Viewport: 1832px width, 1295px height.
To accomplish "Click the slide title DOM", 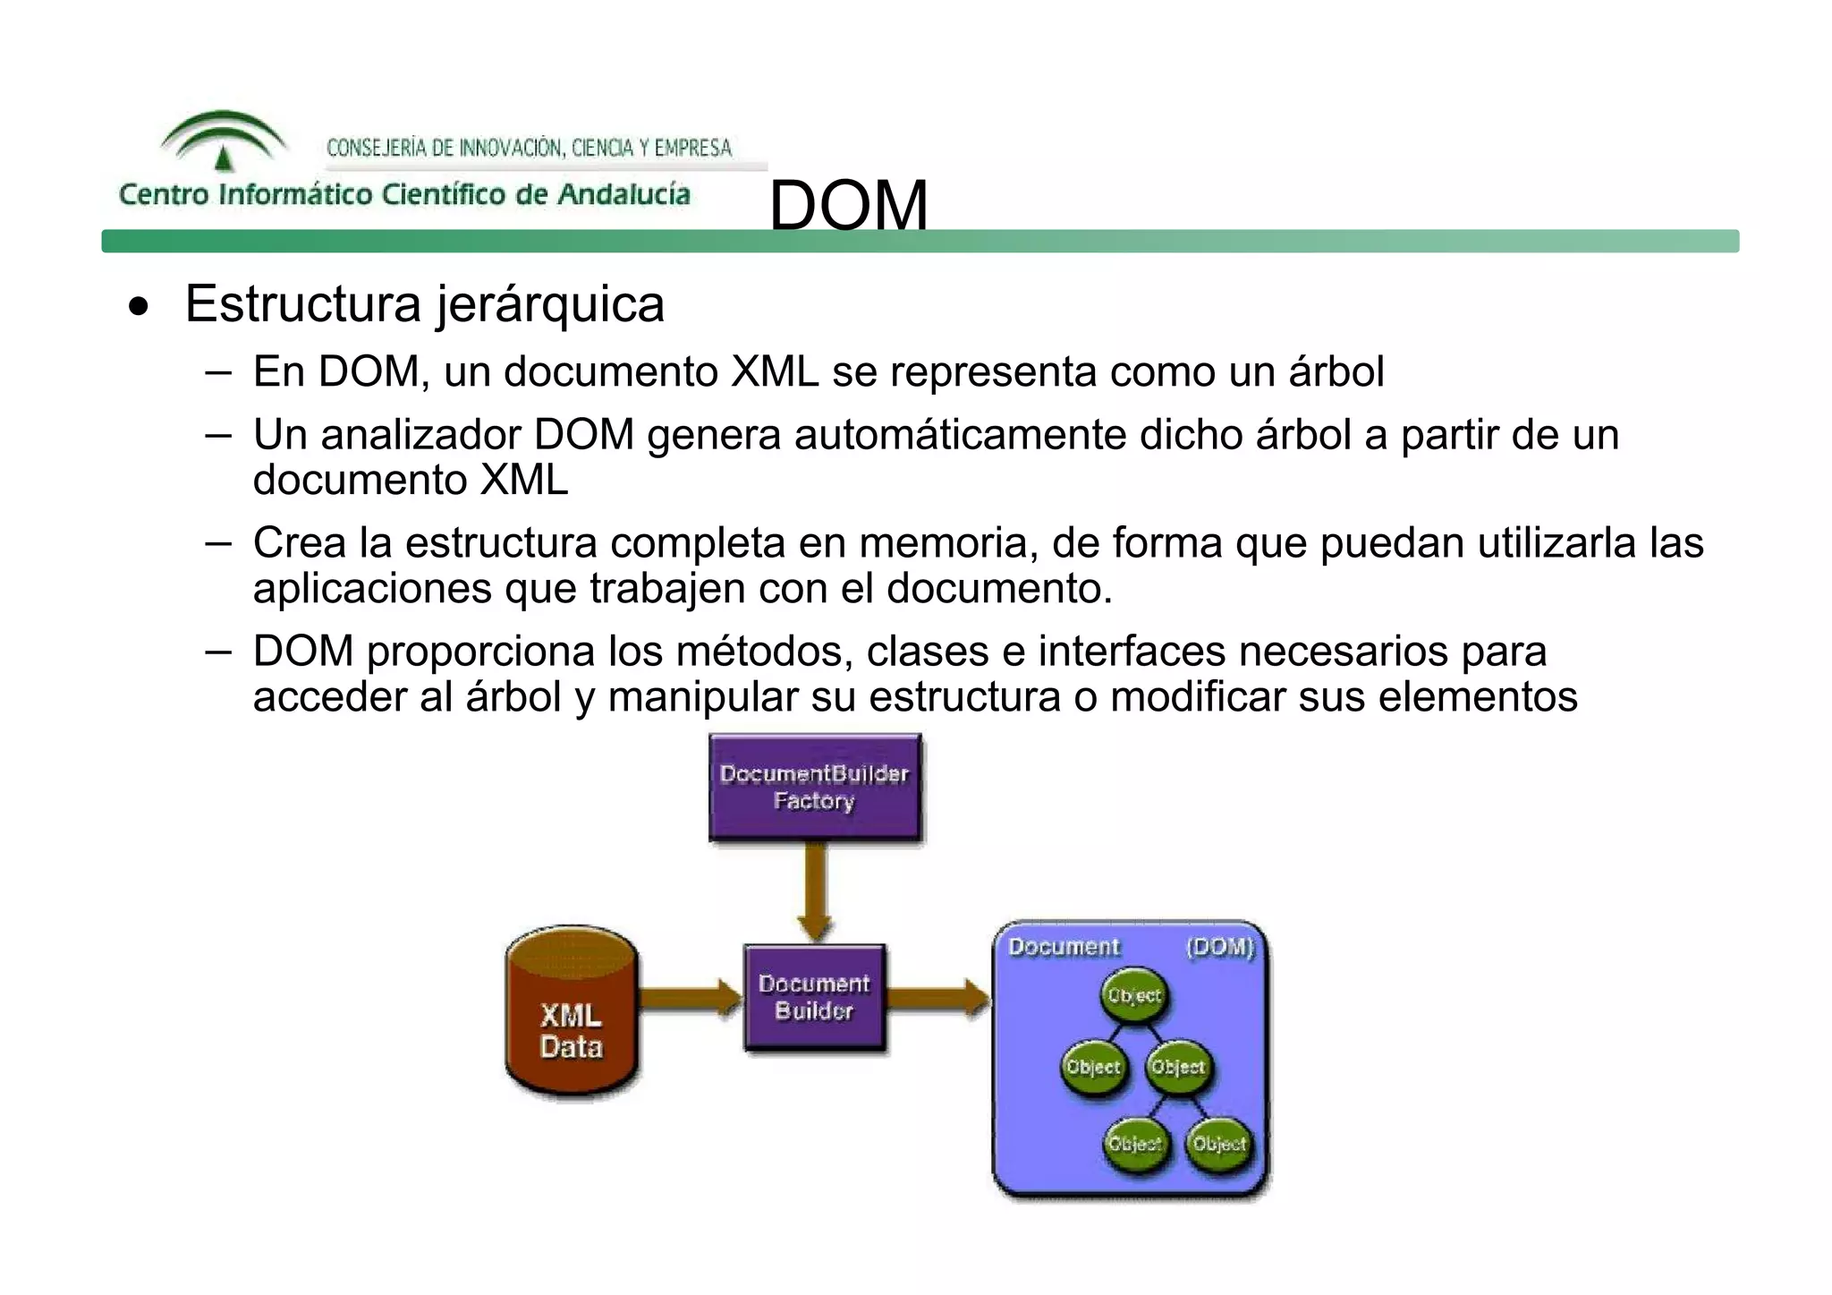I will click(x=848, y=205).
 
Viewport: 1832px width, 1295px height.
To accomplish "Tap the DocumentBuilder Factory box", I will click(x=814, y=788).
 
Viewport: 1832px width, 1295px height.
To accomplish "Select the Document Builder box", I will click(x=814, y=997).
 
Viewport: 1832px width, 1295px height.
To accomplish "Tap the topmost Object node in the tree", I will click(x=1134, y=995).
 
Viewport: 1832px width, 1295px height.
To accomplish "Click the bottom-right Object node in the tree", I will click(x=1219, y=1144).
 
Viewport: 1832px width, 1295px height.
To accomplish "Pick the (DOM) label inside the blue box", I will click(x=1220, y=947).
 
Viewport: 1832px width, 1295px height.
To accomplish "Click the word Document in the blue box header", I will click(x=1064, y=947).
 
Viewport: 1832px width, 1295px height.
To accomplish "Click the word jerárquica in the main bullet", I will click(x=550, y=304).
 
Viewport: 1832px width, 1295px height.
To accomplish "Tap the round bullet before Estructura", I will click(x=138, y=307).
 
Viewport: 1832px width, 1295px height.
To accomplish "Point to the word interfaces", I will click(x=1132, y=651).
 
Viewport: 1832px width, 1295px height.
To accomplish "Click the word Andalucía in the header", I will click(x=623, y=194).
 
